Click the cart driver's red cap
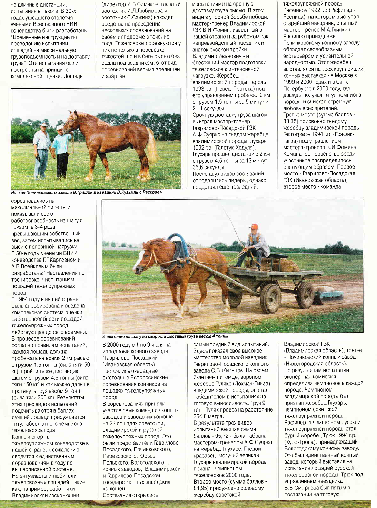click(x=254, y=226)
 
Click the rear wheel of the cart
click(x=305, y=295)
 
